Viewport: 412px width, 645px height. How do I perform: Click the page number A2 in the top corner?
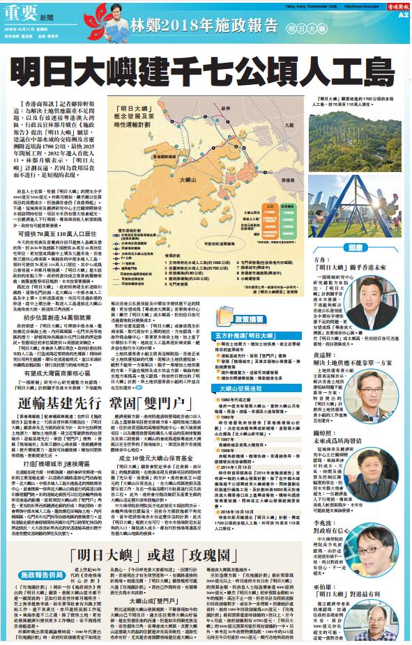[404, 13]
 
